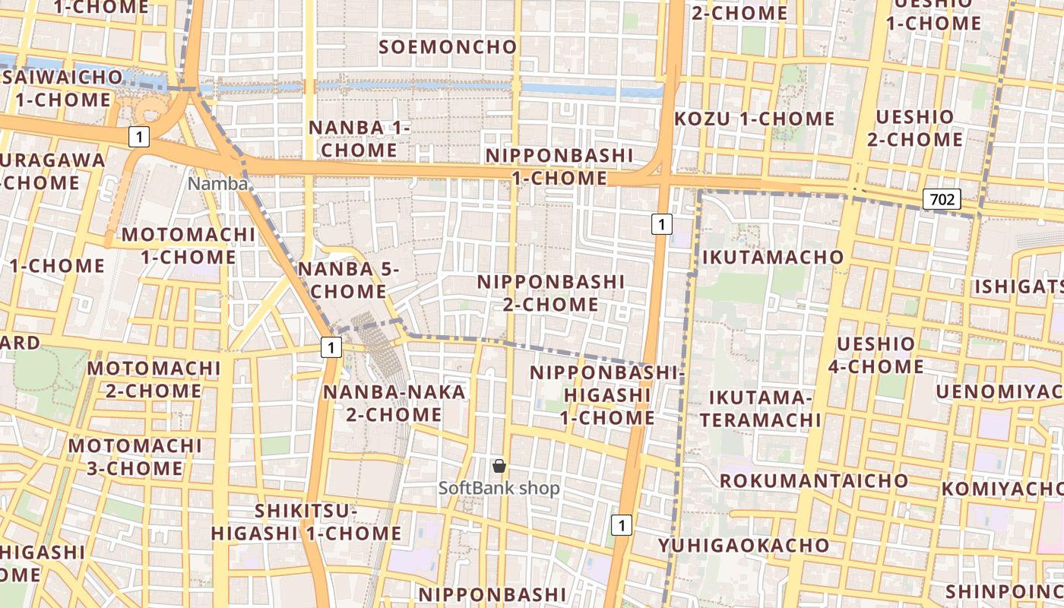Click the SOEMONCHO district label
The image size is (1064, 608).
[448, 47]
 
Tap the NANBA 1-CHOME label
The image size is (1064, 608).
[359, 139]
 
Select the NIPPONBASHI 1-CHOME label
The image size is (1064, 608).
[559, 166]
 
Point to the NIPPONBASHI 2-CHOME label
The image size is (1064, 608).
[550, 293]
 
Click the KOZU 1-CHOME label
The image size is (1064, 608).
[754, 119]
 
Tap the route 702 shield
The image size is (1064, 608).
[942, 200]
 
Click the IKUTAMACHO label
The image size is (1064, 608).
[773, 257]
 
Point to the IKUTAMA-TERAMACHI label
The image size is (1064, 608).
[760, 408]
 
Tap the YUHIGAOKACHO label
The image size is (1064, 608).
[743, 545]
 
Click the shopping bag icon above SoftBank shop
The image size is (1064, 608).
[499, 466]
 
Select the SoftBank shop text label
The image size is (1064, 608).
[499, 488]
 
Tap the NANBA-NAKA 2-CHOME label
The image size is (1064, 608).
[394, 403]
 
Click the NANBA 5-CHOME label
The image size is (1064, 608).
[342, 280]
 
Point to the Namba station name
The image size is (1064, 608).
[218, 184]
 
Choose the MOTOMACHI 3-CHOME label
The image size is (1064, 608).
[135, 456]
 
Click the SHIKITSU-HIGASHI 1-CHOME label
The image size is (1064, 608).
[306, 522]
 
